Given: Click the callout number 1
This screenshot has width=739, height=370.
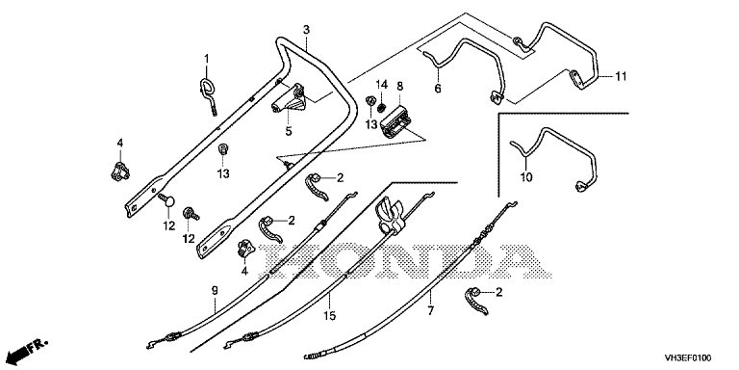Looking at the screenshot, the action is click(x=206, y=59).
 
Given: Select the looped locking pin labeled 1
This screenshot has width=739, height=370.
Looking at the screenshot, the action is click(x=208, y=94).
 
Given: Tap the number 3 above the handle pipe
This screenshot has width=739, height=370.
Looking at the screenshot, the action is click(x=306, y=30).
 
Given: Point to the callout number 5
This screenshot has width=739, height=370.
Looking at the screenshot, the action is click(x=289, y=131).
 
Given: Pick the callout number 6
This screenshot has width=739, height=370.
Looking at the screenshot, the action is click(x=438, y=88).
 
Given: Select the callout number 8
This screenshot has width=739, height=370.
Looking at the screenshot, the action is click(x=399, y=87).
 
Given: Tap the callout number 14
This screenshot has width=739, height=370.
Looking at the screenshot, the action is click(x=382, y=85).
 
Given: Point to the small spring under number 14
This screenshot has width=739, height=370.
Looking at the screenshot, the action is click(x=383, y=101).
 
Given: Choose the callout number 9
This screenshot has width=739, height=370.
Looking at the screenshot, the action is click(x=215, y=290).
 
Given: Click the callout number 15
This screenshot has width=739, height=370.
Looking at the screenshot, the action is click(x=330, y=316).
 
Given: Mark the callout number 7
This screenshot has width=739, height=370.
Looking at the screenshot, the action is click(x=431, y=310).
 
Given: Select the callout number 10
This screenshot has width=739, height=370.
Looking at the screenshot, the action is click(x=526, y=177).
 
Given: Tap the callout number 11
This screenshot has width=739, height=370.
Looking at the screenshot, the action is click(x=621, y=75).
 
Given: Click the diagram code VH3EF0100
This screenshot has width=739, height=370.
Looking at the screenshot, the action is click(x=688, y=357).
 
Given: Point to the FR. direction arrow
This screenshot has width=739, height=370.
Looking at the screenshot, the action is click(x=28, y=349).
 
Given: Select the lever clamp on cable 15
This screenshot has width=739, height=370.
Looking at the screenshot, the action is click(x=391, y=215).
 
